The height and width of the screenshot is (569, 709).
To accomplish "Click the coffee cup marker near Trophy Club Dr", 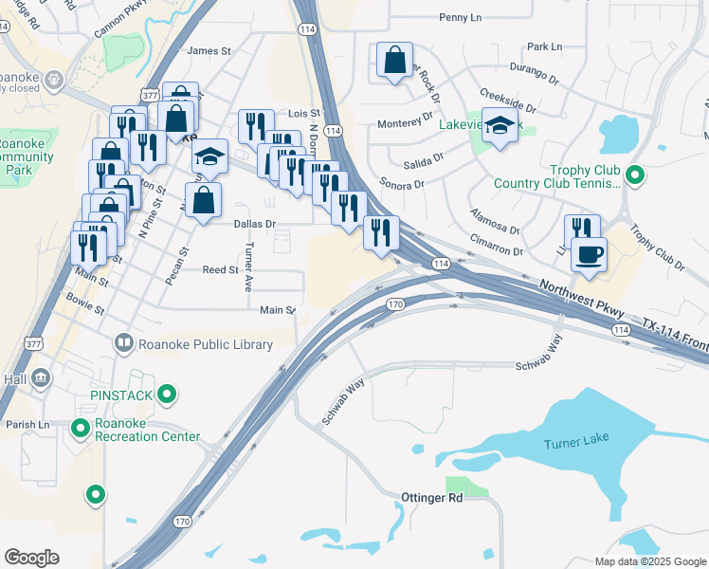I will (x=588, y=254).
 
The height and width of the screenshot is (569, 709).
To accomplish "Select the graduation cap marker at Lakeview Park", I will (x=499, y=125).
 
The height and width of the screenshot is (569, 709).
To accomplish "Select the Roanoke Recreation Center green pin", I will (x=81, y=429).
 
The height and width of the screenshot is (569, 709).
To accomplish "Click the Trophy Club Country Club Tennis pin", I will (x=637, y=174).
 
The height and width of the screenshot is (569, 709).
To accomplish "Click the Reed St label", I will (x=221, y=270).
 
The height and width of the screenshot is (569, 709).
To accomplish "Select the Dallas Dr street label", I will (x=254, y=225).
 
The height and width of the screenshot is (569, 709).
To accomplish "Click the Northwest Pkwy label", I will (x=586, y=294).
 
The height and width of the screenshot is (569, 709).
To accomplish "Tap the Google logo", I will (x=32, y=557).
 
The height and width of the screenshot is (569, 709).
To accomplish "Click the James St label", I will (x=209, y=51).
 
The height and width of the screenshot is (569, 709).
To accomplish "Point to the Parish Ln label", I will (x=27, y=424).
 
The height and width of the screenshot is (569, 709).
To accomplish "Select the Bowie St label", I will (x=85, y=297).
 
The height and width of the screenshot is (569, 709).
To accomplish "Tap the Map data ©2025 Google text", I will (x=649, y=560).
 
